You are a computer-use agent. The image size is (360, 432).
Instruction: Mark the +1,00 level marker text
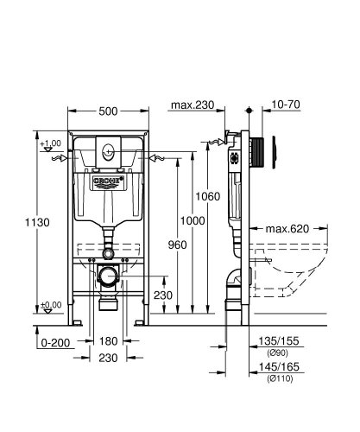pos(51,142)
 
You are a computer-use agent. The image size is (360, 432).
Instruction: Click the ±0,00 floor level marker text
pos(51,305)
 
